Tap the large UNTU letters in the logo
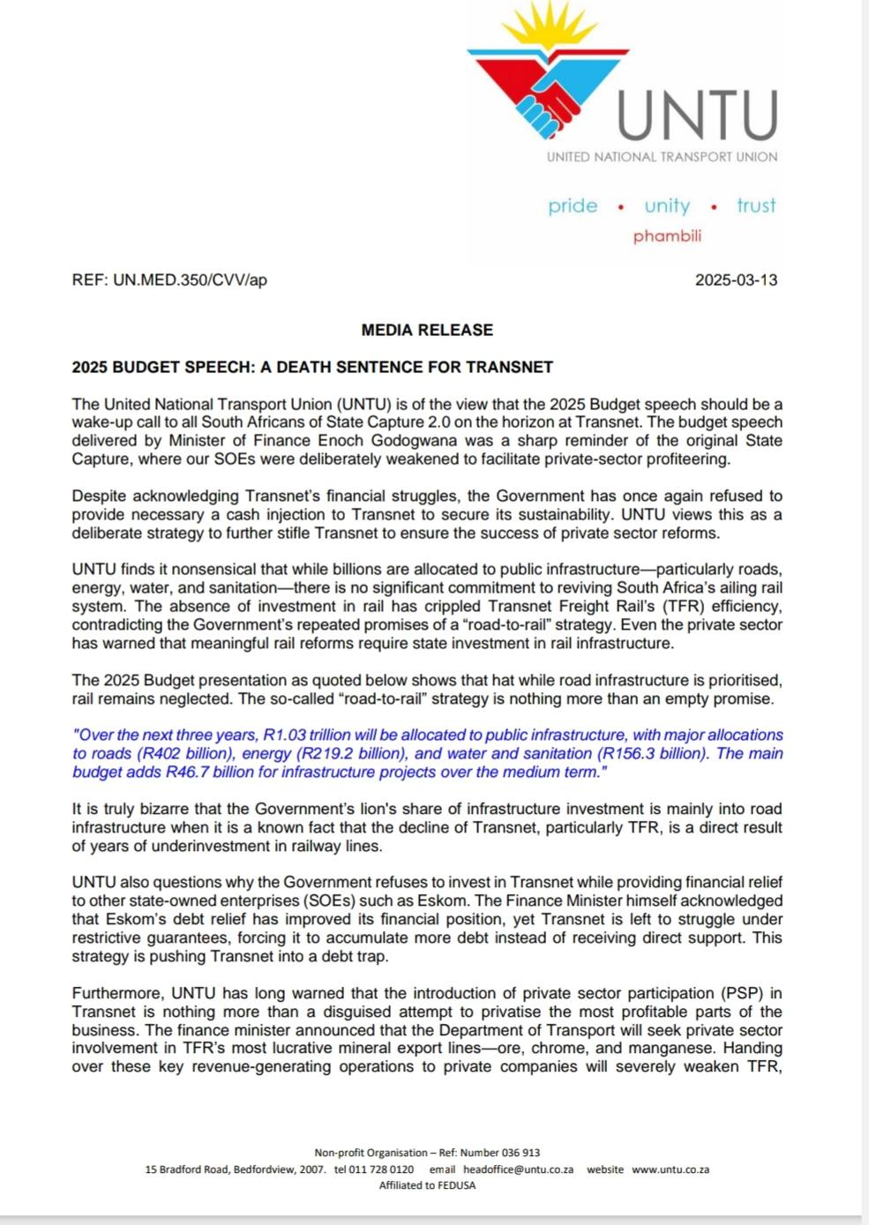(697, 116)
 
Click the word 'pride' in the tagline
(573, 206)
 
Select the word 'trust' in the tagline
(756, 205)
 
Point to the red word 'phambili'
(667, 236)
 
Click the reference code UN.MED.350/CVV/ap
(190, 280)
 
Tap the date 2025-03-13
(736, 280)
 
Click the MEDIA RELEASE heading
(427, 330)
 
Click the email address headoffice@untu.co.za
(518, 1169)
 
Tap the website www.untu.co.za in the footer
(670, 1169)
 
